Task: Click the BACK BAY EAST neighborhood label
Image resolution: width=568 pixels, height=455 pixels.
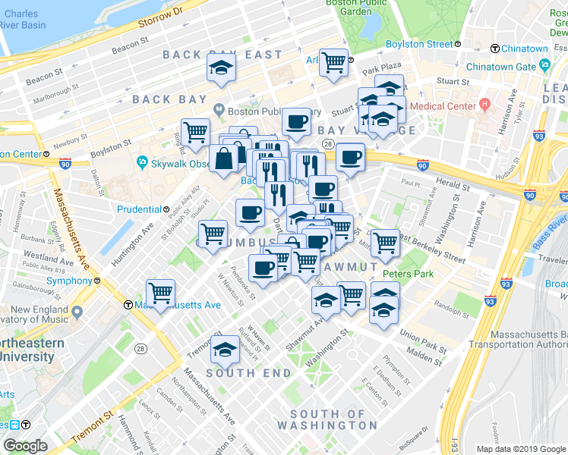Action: [x=222, y=55]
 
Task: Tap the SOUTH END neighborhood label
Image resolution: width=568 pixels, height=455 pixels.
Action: [x=248, y=373]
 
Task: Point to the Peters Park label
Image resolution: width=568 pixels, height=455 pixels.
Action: [x=407, y=272]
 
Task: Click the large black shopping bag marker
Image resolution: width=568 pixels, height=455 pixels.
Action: [x=226, y=159]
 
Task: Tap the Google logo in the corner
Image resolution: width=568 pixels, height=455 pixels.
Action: [x=25, y=446]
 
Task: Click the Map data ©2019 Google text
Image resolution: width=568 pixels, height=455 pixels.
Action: [x=520, y=449]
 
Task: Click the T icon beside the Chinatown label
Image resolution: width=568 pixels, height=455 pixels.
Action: [x=495, y=49]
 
